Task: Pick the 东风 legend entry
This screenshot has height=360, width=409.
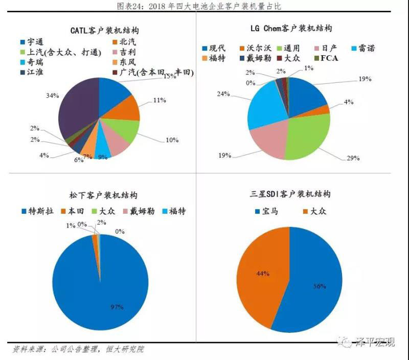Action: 126,62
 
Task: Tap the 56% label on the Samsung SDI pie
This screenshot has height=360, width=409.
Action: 320,286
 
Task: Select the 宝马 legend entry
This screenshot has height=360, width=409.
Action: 266,211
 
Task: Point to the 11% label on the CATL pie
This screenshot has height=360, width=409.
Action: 159,100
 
